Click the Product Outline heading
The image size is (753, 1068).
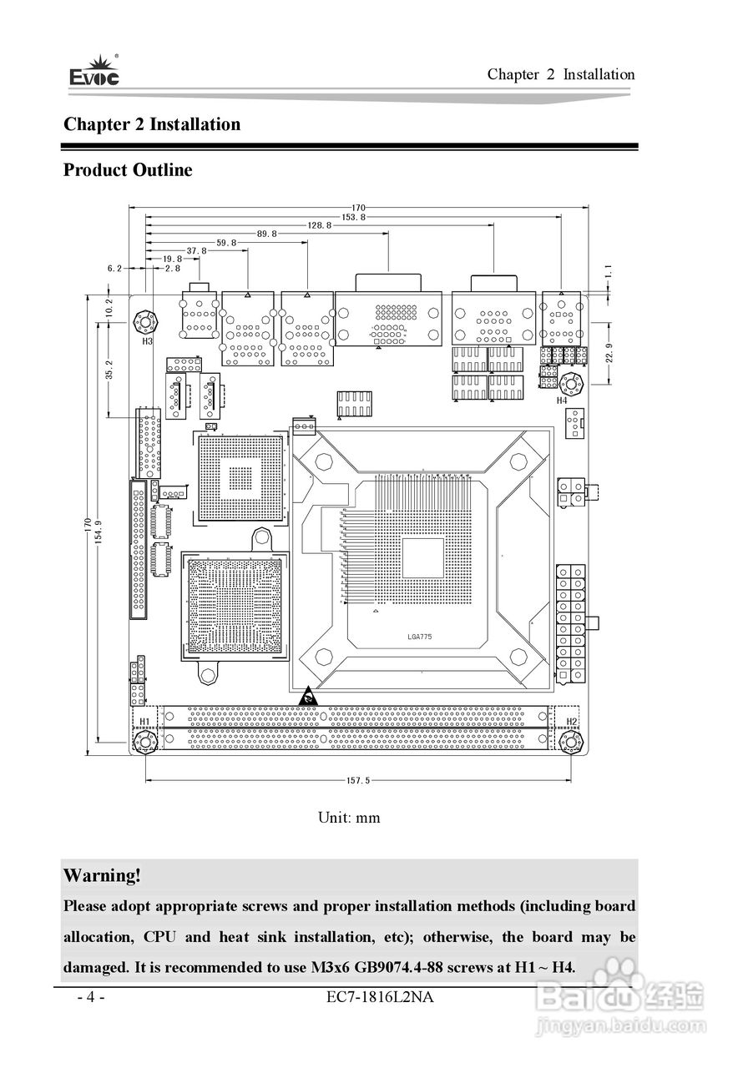(128, 170)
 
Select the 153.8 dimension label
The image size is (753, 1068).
(353, 216)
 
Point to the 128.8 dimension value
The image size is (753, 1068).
(320, 225)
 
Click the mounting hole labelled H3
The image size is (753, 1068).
(146, 321)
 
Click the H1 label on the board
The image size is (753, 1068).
(144, 721)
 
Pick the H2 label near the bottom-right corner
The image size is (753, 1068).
(572, 721)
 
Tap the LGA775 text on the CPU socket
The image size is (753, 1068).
(420, 637)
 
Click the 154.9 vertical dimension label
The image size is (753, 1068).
(99, 534)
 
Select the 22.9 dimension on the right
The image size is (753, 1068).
(609, 352)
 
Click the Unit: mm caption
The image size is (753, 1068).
(349, 818)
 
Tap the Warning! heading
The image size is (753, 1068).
(102, 875)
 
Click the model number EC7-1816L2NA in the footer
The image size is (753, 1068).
(382, 997)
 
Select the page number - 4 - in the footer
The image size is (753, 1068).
(90, 997)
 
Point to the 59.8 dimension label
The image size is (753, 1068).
(226, 243)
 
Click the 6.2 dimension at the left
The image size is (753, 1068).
(114, 269)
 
